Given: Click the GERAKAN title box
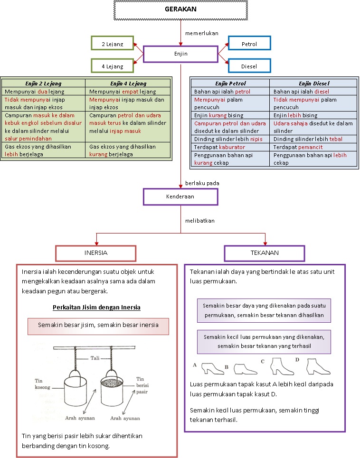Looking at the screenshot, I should pyautogui.click(x=180, y=9).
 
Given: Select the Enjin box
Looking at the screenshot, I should pyautogui.click(x=180, y=54).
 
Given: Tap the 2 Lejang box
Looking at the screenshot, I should pyautogui.click(x=112, y=44).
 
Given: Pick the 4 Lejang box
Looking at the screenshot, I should pyautogui.click(x=112, y=66).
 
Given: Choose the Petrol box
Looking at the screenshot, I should pyautogui.click(x=249, y=44).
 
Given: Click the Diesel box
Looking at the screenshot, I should pyautogui.click(x=249, y=66).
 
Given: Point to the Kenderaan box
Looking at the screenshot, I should pyautogui.click(x=180, y=196).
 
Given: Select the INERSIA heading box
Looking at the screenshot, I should pyautogui.click(x=95, y=253).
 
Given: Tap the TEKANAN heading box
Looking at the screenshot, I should pyautogui.click(x=264, y=253).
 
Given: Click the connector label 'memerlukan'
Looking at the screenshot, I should pyautogui.click(x=201, y=33).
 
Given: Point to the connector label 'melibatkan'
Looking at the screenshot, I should pyautogui.click(x=200, y=221).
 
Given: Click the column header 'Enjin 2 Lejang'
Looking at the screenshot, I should pyautogui.click(x=43, y=84).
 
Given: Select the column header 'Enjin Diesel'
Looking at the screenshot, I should pyautogui.click(x=314, y=84).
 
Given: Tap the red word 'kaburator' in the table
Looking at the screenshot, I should pyautogui.click(x=232, y=147).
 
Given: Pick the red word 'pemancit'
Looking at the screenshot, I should pyautogui.click(x=311, y=147).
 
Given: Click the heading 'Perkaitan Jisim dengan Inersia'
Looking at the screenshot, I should pyautogui.click(x=96, y=307).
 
